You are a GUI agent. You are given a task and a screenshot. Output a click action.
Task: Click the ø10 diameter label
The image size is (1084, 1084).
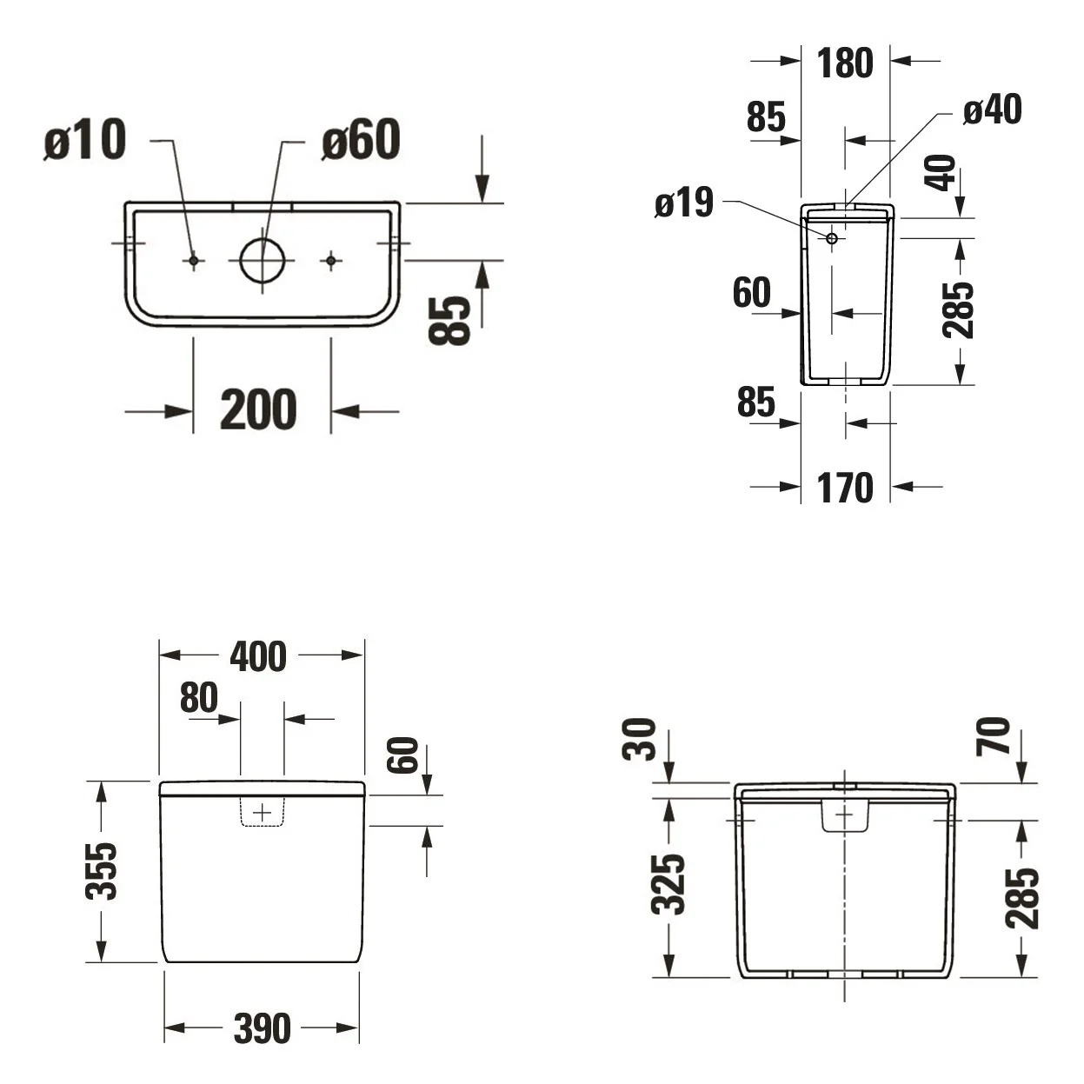(85, 140)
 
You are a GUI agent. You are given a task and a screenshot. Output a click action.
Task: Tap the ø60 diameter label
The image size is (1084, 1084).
(361, 140)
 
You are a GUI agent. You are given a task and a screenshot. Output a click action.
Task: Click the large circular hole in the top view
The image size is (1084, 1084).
(263, 261)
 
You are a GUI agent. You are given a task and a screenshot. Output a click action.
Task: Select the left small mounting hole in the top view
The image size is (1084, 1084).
(194, 261)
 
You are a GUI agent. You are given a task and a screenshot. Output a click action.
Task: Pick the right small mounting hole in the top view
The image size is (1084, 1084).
(331, 261)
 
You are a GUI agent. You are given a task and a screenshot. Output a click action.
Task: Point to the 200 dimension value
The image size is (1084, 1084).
(258, 409)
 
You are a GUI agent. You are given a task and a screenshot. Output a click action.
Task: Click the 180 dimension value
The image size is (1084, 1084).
(845, 63)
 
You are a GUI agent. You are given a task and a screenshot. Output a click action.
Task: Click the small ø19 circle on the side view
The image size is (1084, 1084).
(832, 238)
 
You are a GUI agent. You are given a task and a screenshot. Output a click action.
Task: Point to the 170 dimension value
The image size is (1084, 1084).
(845, 488)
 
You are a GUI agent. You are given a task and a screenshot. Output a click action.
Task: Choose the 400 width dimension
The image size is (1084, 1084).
(258, 656)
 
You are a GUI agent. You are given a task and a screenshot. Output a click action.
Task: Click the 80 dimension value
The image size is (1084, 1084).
(198, 697)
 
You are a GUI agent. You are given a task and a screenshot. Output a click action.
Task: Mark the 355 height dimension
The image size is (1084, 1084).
(101, 871)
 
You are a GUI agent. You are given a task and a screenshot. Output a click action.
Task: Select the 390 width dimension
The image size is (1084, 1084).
(263, 1028)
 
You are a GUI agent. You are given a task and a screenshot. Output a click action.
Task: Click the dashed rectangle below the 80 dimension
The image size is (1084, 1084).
(263, 812)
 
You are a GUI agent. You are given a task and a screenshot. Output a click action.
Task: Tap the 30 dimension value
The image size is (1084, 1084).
(640, 739)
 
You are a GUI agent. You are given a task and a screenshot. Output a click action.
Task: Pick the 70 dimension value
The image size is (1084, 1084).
(994, 735)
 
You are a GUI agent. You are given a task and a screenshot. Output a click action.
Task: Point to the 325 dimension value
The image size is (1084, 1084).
(668, 884)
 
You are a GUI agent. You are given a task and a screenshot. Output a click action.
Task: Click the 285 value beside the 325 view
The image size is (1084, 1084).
(1022, 898)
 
